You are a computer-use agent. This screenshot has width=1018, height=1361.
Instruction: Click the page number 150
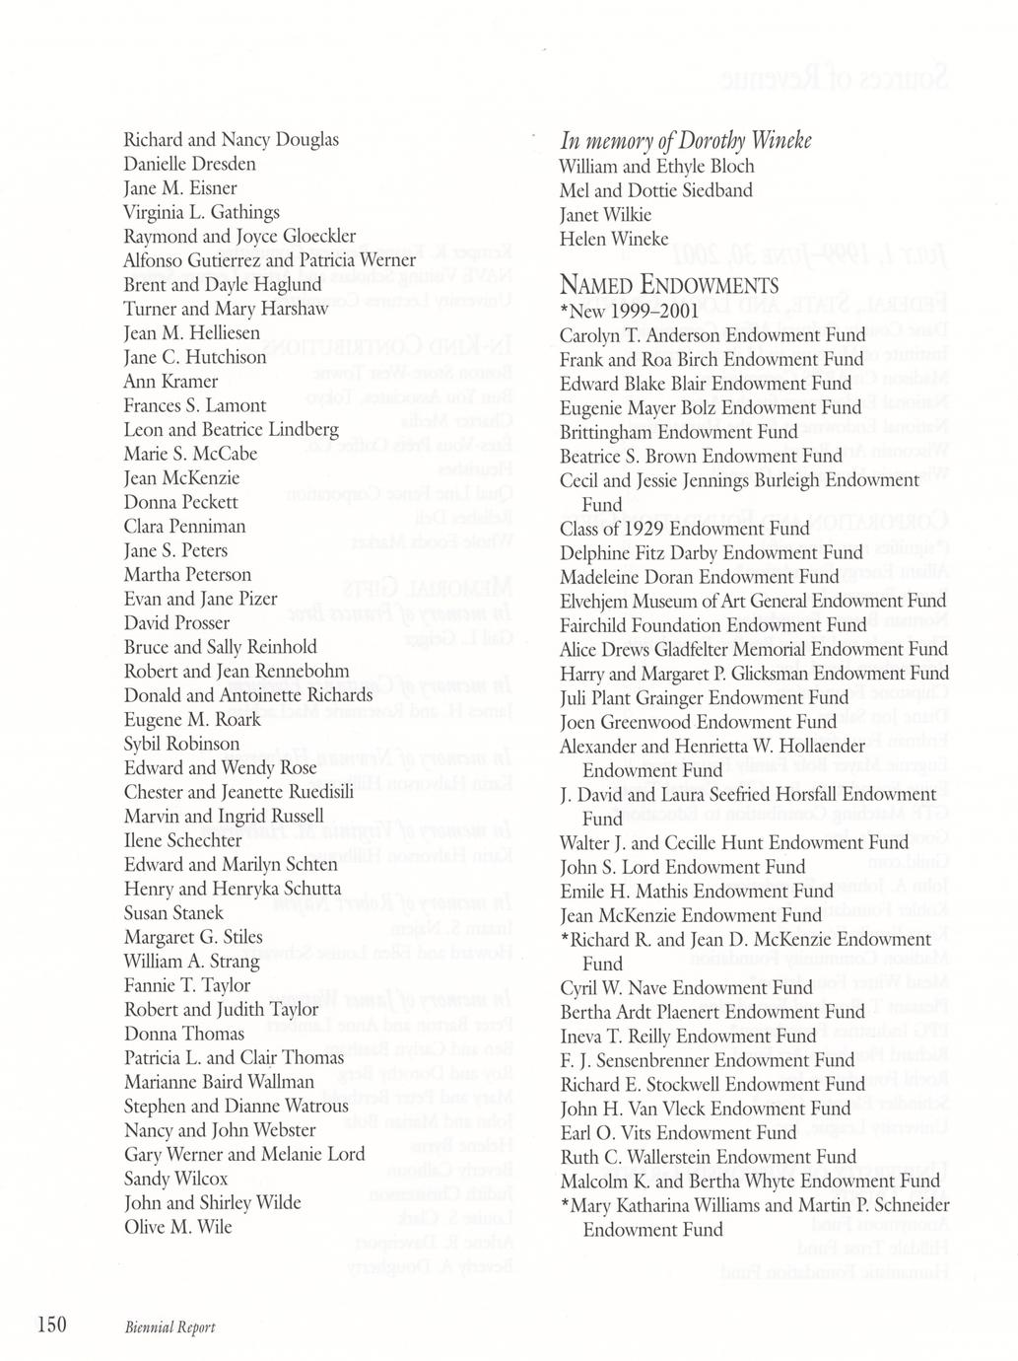click(50, 1325)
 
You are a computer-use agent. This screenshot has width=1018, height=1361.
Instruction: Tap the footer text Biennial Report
click(170, 1326)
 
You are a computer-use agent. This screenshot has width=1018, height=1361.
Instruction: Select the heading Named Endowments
click(669, 286)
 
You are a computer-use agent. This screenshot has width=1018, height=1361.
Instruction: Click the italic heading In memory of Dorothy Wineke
click(685, 141)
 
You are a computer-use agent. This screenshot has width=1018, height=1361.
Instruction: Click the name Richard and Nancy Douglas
click(232, 139)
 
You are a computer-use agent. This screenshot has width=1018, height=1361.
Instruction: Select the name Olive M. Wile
click(178, 1227)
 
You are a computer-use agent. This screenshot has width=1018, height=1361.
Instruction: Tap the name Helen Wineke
click(614, 239)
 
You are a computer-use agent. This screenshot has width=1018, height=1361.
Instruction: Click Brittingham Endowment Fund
click(679, 431)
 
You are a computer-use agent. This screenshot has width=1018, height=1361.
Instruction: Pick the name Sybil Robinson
click(181, 744)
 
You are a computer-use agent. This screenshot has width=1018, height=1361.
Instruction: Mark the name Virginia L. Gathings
click(202, 212)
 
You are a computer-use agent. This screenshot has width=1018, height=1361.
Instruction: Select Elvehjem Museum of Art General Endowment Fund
click(753, 601)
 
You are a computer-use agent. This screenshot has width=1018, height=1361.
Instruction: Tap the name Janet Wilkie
click(605, 214)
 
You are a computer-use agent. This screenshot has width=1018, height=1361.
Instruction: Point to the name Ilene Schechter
click(182, 840)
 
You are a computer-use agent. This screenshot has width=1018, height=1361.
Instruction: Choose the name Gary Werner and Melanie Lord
click(244, 1154)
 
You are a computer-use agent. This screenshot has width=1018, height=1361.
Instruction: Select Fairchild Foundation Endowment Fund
click(713, 624)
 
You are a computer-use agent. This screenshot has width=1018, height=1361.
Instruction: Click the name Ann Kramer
click(170, 381)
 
